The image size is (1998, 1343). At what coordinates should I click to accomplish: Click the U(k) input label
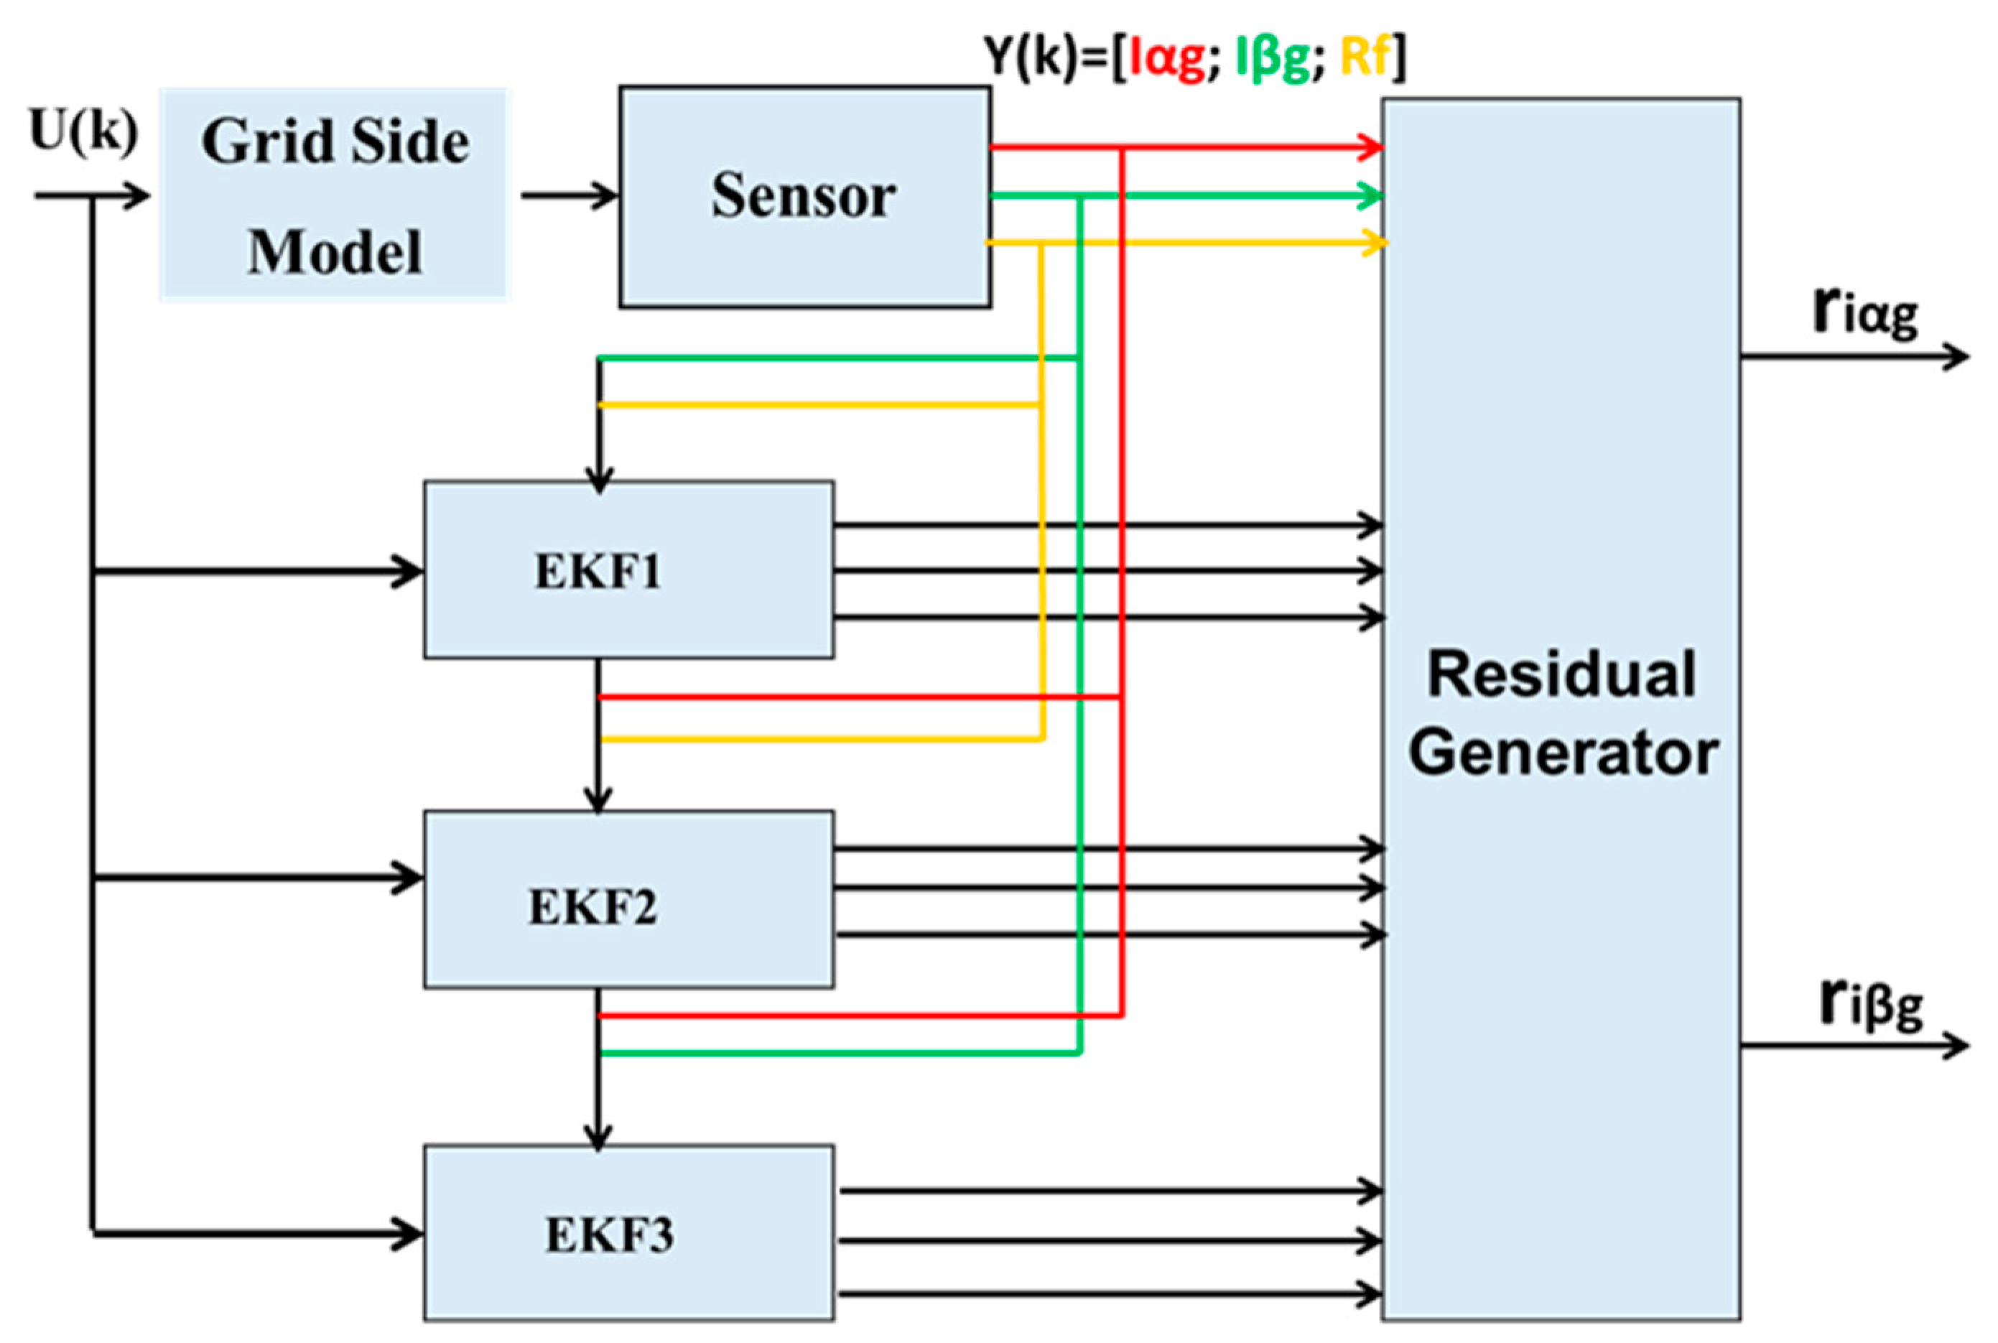pos(83,132)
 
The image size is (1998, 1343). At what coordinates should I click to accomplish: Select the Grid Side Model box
pos(335,195)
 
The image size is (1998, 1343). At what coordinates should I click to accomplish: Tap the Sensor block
pos(804,196)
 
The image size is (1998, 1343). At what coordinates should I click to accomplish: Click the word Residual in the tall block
pos(1561,674)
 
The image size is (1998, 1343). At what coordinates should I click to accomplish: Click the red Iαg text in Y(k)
pos(1167,57)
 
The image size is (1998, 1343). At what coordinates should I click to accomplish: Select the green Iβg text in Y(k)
pos(1272,57)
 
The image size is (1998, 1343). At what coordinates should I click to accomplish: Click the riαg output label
pos(1864,312)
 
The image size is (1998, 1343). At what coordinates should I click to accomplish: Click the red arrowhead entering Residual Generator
pos(1371,147)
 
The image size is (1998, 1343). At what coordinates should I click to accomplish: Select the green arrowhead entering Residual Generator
pos(1371,196)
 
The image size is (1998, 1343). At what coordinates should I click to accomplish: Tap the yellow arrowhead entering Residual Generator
pos(1375,243)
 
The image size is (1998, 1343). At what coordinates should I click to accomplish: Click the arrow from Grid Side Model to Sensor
pos(569,195)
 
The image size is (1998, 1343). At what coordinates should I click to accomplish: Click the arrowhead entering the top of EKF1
pos(599,480)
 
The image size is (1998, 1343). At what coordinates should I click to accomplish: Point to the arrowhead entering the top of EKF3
pos(597,1138)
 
